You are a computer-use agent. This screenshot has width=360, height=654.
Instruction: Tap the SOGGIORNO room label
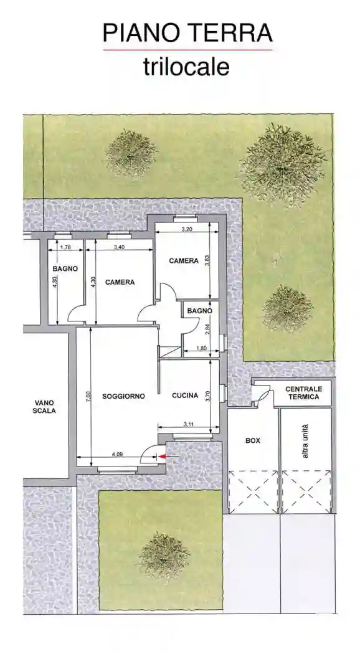tap(124, 396)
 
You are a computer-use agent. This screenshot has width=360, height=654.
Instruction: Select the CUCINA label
tap(185, 395)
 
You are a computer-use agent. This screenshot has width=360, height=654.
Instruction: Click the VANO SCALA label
tap(45, 407)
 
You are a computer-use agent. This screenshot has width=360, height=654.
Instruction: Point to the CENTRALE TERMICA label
tap(302, 392)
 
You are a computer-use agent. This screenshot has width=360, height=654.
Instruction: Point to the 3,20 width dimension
tap(186, 230)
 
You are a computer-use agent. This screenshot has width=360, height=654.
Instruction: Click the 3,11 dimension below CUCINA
tap(189, 424)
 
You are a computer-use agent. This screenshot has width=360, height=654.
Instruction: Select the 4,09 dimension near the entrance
tap(117, 454)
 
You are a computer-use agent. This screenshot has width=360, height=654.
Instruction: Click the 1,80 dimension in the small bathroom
tap(201, 348)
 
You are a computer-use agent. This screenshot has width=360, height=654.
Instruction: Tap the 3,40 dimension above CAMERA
tap(120, 248)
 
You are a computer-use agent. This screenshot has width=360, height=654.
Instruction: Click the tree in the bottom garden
tap(163, 553)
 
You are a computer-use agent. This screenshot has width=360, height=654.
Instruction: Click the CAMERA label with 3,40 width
tap(120, 282)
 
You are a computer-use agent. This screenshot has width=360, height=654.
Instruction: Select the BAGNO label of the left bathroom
tap(65, 268)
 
